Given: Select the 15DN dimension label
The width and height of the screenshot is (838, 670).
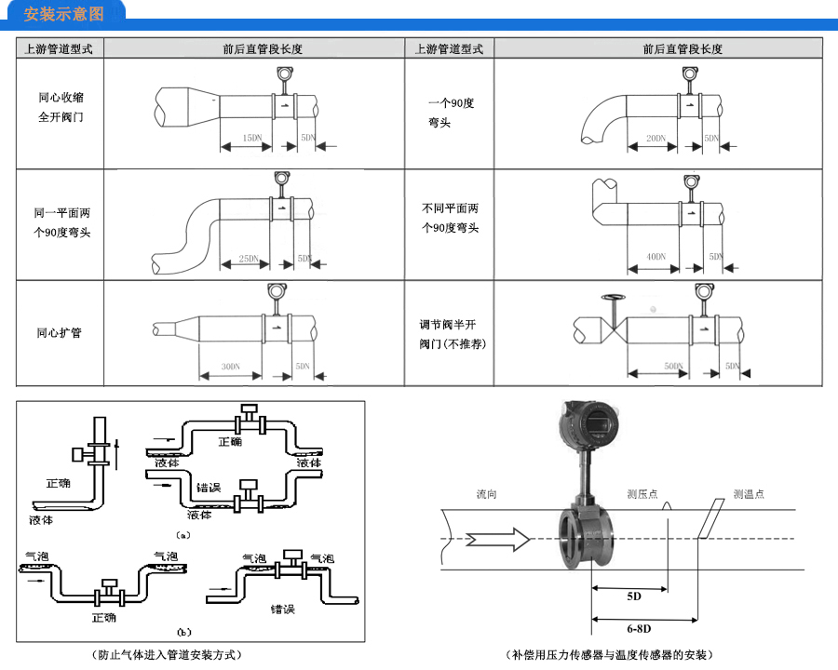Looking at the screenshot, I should click(x=251, y=138).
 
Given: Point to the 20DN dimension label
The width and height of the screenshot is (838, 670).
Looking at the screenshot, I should click(x=656, y=138).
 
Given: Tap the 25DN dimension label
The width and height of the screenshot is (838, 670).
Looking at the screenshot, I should click(x=248, y=259).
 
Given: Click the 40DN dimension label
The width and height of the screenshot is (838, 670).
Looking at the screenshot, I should click(x=656, y=257).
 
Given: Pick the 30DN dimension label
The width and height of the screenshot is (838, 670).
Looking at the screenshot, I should click(x=231, y=368).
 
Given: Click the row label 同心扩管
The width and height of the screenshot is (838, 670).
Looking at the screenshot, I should click(x=59, y=332).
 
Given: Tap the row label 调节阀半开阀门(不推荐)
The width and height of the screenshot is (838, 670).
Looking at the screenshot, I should click(x=452, y=334).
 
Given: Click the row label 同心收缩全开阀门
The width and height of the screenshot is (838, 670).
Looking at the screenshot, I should click(x=61, y=107).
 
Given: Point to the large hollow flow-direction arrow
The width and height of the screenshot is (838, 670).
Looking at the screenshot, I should click(x=500, y=539).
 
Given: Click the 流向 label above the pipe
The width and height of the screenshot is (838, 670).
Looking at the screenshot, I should click(x=486, y=494).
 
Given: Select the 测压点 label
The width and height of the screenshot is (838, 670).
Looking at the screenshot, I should click(x=642, y=494).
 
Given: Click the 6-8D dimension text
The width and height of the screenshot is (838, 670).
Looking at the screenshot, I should click(x=640, y=629).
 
